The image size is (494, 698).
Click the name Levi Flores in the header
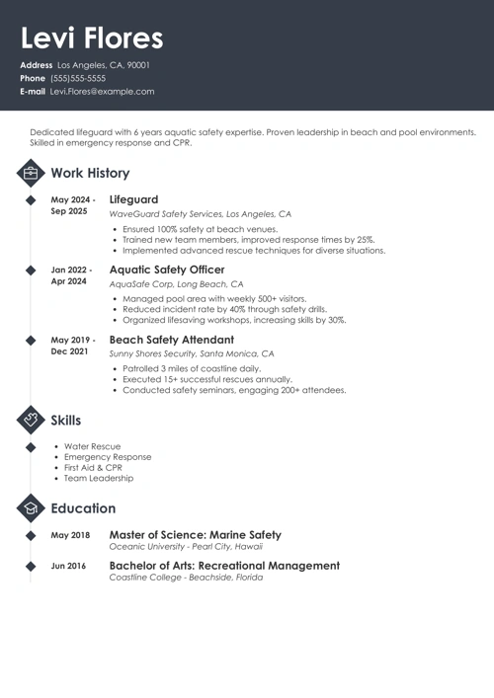92,39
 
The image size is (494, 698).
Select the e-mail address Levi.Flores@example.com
102,91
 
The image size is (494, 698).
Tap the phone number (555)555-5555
78,78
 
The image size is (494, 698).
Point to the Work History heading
90,173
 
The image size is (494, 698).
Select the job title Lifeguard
133,199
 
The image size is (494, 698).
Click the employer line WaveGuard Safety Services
200,213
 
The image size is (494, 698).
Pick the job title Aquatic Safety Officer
167,270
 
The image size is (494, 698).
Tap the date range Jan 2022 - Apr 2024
71,275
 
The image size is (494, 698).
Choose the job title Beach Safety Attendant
171,340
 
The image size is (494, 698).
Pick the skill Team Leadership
99,479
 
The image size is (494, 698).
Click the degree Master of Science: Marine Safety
195,535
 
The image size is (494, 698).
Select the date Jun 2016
70,567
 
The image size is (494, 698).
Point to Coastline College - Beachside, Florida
186,578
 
